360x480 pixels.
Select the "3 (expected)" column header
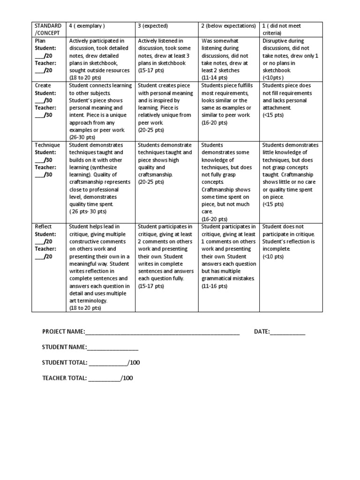point(153,26)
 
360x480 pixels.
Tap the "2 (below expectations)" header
point(228,26)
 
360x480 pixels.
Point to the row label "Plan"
point(41,41)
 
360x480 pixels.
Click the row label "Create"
point(43,85)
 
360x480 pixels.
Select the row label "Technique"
point(47,145)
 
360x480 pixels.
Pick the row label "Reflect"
point(44,227)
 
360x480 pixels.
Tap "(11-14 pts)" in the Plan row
point(214,78)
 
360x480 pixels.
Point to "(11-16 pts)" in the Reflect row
point(214,286)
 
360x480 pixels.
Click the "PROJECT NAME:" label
point(63,332)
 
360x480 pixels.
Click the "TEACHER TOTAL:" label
point(64,378)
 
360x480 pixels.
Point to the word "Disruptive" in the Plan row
point(276,41)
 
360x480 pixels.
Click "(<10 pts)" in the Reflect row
point(273,256)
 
